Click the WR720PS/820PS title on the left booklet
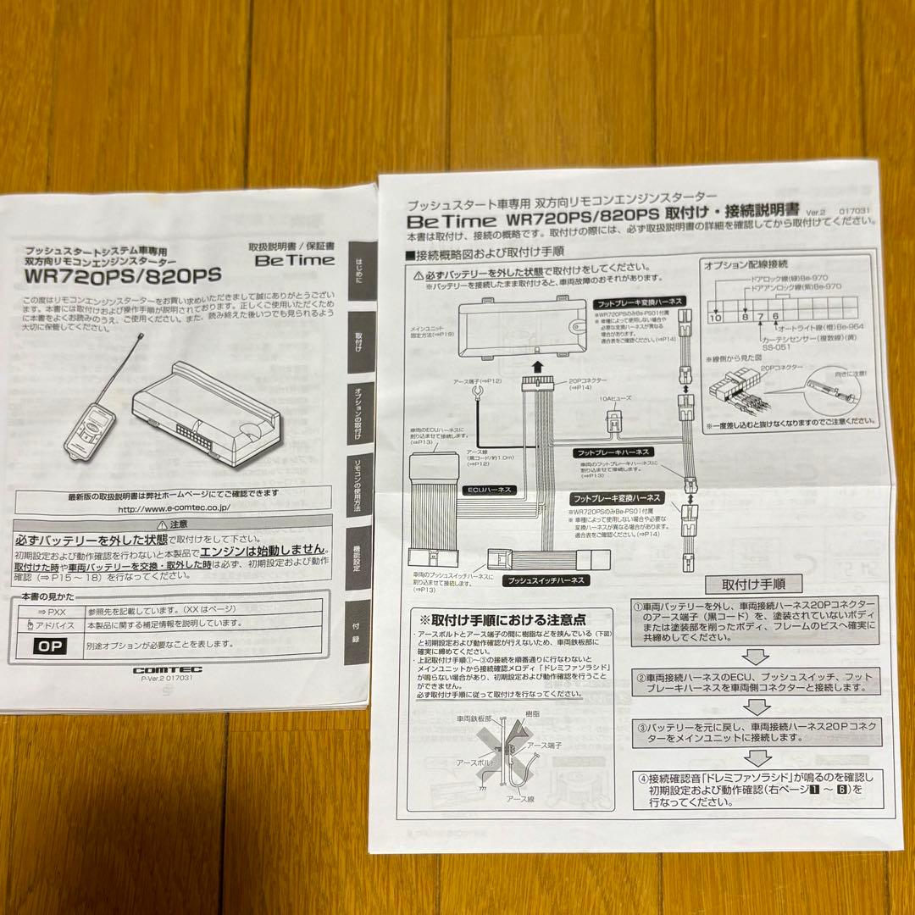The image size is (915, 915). [123, 275]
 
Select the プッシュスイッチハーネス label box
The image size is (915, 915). [540, 582]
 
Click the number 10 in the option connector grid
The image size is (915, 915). [715, 318]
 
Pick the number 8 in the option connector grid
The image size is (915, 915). [746, 318]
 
